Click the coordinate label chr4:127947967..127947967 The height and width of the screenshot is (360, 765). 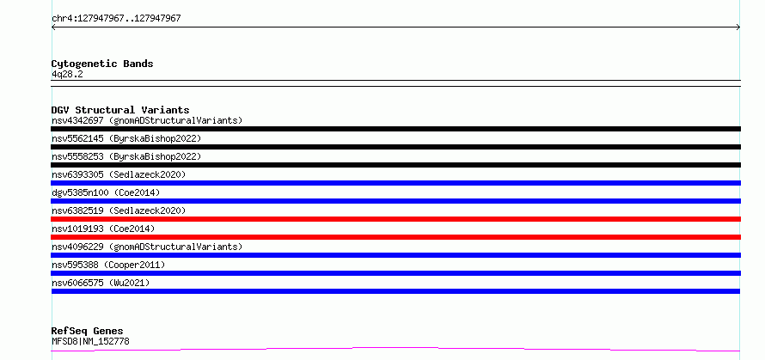[116, 19]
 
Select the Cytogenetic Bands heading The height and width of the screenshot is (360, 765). [102, 64]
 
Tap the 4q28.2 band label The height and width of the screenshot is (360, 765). [67, 74]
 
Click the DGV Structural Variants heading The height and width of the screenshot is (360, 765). [120, 110]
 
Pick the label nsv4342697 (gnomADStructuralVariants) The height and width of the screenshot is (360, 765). [147, 120]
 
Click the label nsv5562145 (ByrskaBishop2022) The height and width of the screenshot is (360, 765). [126, 138]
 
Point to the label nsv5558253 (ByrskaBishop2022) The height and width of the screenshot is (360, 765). [126, 156]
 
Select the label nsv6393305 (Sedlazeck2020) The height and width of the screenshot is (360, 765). [119, 174]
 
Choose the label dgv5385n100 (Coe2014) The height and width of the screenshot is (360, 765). [106, 192]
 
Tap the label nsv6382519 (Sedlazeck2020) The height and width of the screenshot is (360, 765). [119, 211]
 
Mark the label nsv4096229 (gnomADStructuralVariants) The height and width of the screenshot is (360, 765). [147, 247]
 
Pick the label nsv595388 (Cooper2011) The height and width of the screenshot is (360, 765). [108, 265]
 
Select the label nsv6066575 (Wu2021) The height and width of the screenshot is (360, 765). [101, 283]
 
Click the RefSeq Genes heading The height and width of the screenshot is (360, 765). [88, 331]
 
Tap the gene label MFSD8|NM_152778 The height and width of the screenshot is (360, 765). [91, 341]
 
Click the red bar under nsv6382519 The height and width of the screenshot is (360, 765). [395, 219]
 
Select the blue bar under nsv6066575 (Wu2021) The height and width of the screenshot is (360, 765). [395, 291]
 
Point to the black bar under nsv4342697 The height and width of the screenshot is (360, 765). [395, 129]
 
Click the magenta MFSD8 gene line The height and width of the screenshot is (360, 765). [395, 348]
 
